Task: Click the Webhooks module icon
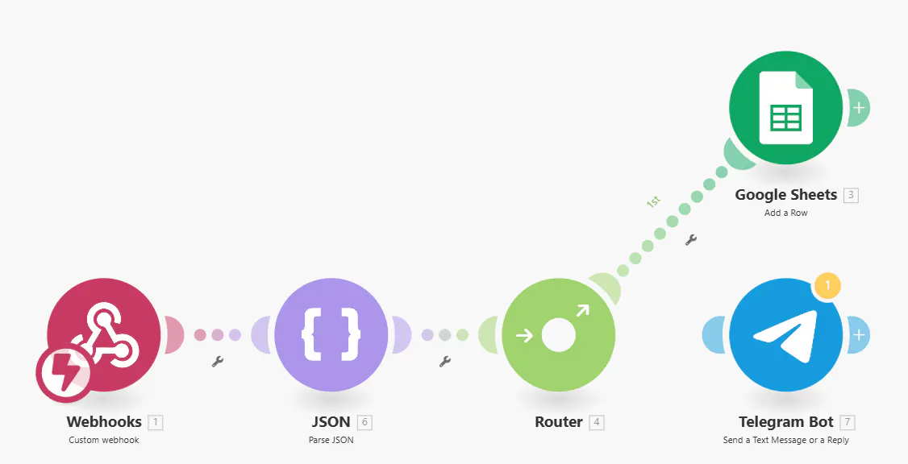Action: [104, 334]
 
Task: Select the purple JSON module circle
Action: [331, 334]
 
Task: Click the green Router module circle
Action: [558, 334]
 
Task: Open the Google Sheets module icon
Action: [785, 108]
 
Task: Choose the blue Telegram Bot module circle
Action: [785, 334]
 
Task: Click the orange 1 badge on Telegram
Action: [827, 285]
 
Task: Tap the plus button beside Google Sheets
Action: [860, 108]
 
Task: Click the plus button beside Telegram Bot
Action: [860, 334]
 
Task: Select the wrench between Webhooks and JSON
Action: [218, 362]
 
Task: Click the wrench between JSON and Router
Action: [445, 362]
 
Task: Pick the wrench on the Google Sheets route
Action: [691, 239]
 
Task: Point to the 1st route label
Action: [653, 202]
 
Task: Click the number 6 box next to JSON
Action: [364, 422]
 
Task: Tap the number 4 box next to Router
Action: [597, 422]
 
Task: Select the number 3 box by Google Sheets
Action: [851, 195]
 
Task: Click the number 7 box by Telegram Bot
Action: [848, 422]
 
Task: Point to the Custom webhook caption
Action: [104, 440]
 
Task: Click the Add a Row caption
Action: [785, 213]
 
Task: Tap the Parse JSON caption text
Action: [331, 440]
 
